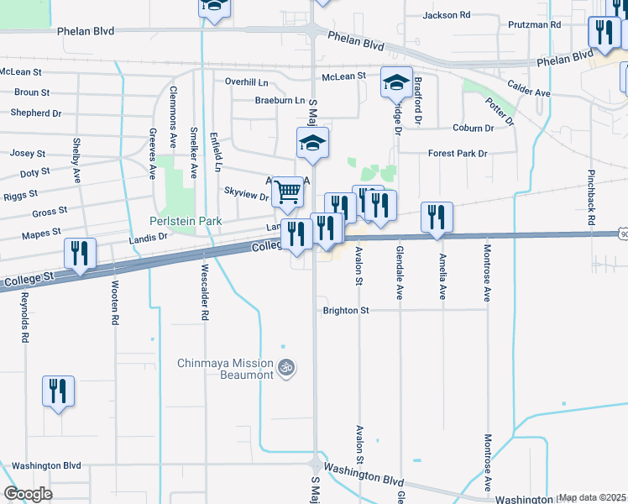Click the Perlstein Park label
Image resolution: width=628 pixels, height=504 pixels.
186,222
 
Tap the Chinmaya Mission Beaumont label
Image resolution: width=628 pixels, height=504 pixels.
225,369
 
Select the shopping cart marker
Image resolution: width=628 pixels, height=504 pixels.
288,192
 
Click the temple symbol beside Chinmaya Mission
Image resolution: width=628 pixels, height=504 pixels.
285,366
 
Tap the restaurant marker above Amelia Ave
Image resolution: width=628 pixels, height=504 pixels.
437,217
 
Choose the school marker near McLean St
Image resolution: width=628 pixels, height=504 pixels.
397,82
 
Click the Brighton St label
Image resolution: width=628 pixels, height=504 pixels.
346,310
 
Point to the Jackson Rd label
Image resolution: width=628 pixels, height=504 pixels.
447,15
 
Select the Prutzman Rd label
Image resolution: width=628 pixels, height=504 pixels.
533,25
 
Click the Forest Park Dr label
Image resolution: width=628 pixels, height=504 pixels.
457,154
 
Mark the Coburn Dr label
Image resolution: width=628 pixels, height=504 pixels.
472,129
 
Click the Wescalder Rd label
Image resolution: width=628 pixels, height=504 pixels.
204,292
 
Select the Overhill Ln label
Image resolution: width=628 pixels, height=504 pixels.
246,81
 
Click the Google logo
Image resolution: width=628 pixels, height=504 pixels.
29,494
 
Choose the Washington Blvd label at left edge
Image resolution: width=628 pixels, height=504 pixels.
46,465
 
